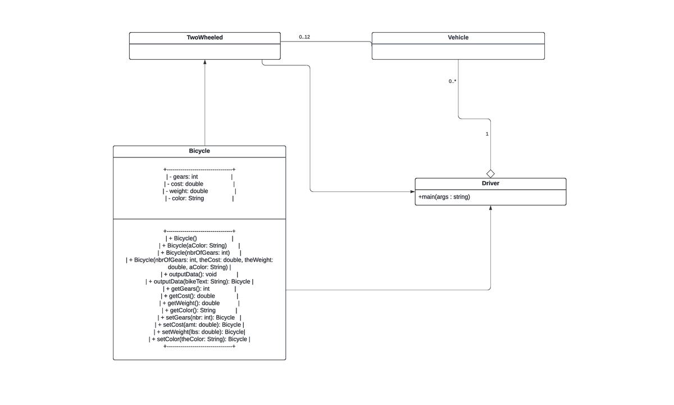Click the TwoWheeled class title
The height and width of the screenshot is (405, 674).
click(204, 38)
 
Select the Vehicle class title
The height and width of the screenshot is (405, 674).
click(458, 38)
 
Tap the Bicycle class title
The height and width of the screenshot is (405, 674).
click(199, 151)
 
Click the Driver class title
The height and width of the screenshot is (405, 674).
click(490, 183)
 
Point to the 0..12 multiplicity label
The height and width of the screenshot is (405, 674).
click(304, 37)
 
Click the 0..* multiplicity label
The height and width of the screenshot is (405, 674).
click(452, 82)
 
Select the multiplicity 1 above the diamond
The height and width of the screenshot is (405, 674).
click(487, 134)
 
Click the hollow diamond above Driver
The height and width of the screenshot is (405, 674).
click(490, 173)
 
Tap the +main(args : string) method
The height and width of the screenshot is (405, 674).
click(444, 197)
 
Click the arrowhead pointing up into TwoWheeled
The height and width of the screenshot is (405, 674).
click(204, 62)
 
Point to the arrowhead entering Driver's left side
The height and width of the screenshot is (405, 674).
click(412, 192)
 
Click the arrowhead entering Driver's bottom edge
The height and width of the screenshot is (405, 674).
click(490, 209)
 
